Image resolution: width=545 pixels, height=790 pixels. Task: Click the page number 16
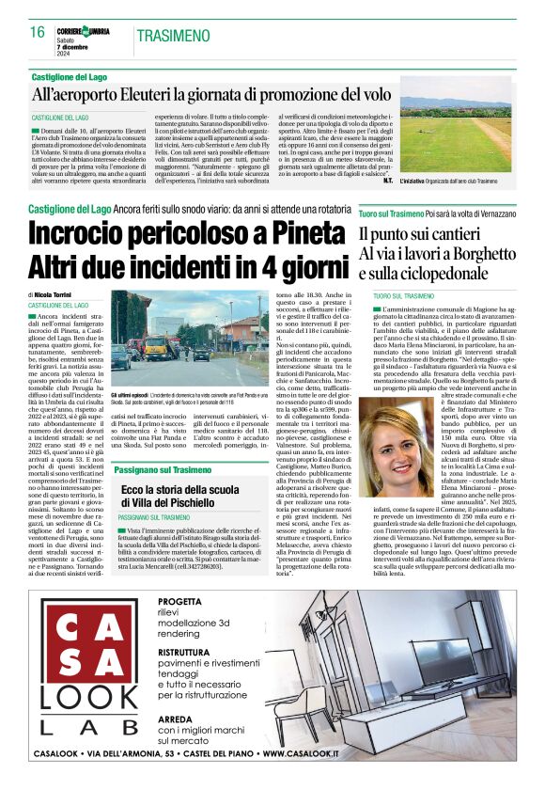(37, 33)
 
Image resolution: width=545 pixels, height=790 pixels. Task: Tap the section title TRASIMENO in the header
(173, 36)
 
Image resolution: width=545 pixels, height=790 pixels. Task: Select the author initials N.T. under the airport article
(387, 180)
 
